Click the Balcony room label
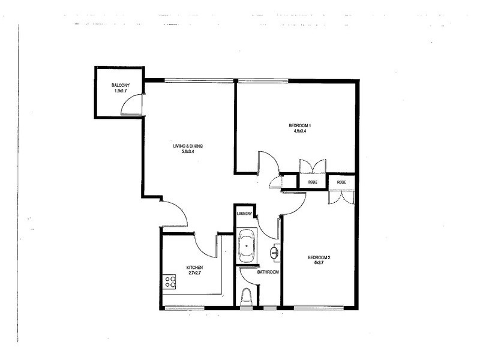(x=117, y=86)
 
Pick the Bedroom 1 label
(x=300, y=125)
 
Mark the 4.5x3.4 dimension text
(x=300, y=131)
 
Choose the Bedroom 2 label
(x=319, y=258)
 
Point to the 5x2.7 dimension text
(x=319, y=263)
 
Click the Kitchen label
(x=194, y=268)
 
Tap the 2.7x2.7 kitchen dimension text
(x=194, y=273)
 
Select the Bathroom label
(x=268, y=272)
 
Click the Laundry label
(x=244, y=214)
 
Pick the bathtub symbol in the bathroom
(x=246, y=247)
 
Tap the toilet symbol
(x=246, y=297)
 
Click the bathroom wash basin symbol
(x=275, y=253)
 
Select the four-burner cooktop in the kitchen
(x=170, y=281)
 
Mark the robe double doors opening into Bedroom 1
(x=312, y=166)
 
